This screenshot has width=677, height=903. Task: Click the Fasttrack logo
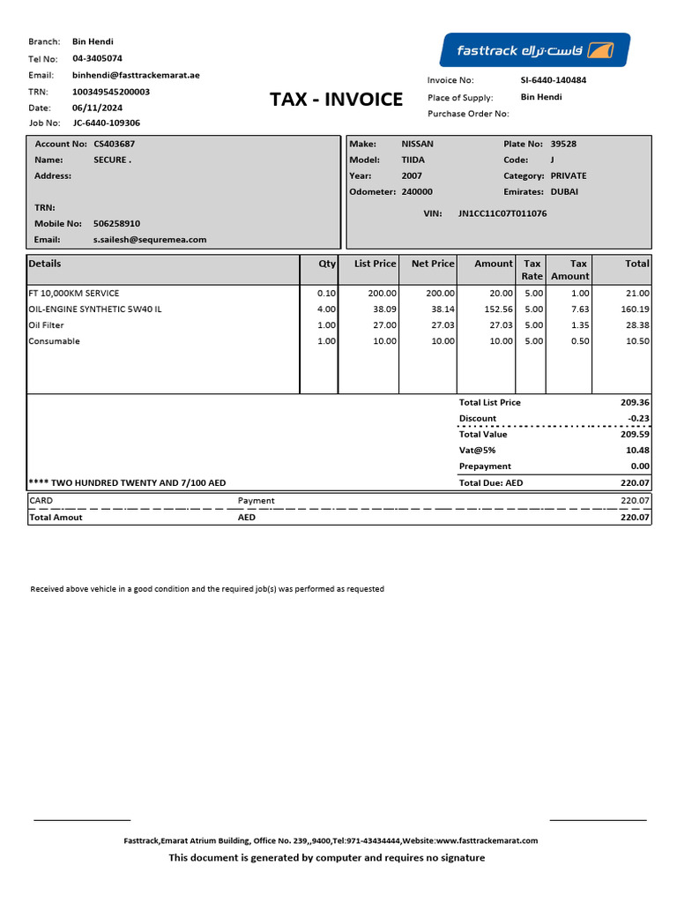tap(535, 50)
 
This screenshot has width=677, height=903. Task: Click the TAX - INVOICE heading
tap(336, 100)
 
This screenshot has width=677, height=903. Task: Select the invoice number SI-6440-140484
tap(554, 80)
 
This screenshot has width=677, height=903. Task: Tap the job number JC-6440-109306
tap(106, 123)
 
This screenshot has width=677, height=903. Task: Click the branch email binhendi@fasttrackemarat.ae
tap(136, 76)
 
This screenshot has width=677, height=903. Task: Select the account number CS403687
tap(115, 144)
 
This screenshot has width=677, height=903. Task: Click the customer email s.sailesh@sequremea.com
tap(150, 240)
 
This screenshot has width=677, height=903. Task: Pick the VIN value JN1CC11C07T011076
tap(502, 213)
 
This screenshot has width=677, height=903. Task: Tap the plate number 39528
tap(565, 144)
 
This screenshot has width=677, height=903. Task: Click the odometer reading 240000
tap(417, 191)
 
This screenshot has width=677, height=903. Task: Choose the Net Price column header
tap(433, 264)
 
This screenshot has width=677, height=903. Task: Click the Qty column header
tap(327, 264)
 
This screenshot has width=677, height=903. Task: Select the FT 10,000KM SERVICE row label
tap(73, 294)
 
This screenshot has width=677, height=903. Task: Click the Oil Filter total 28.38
tap(637, 325)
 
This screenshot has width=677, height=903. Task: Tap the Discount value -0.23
tap(637, 419)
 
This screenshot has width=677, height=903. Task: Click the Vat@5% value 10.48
tap(636, 451)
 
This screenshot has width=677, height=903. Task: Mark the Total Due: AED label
tap(491, 483)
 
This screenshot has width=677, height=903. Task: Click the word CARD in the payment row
tap(41, 501)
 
